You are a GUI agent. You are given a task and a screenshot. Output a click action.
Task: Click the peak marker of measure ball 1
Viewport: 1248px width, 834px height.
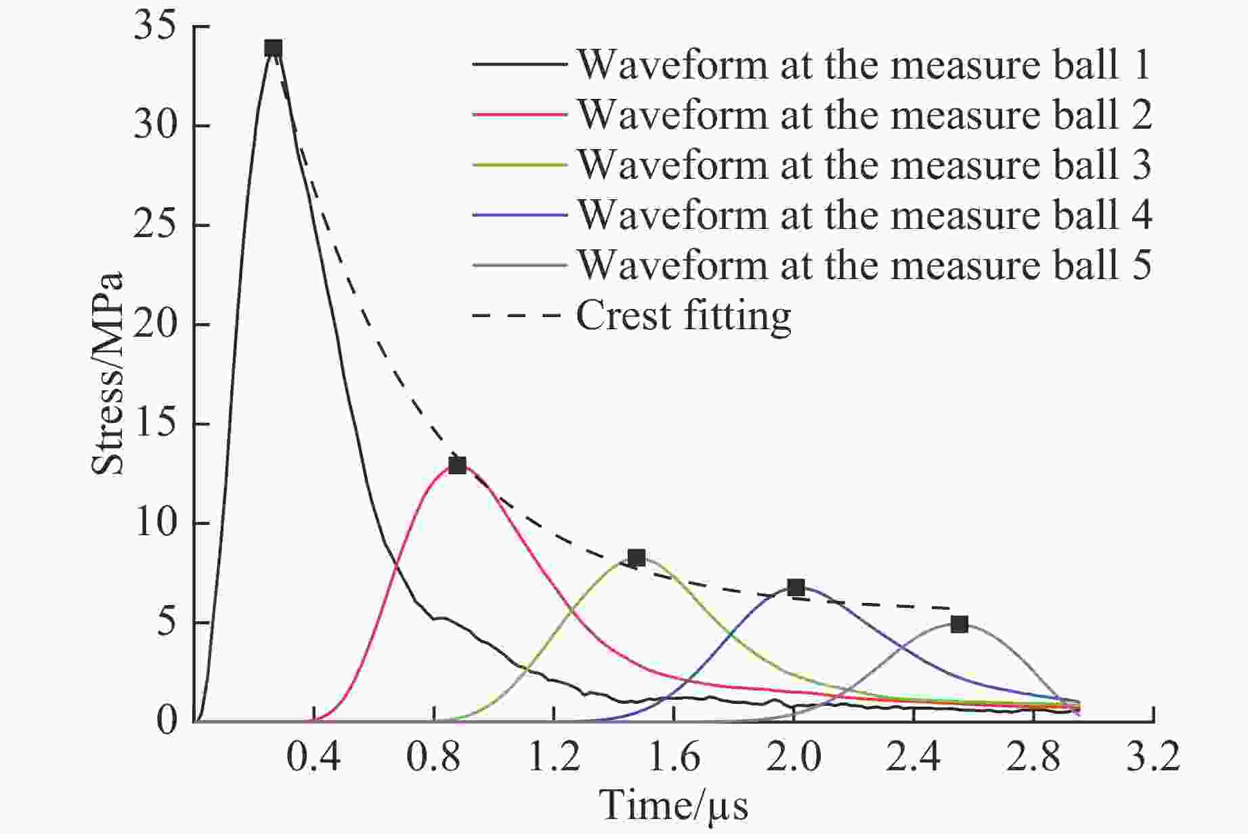[273, 48]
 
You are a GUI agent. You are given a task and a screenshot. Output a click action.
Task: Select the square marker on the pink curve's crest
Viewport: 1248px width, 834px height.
[457, 465]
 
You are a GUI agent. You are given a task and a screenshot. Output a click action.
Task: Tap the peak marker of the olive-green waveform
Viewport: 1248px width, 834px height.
[636, 558]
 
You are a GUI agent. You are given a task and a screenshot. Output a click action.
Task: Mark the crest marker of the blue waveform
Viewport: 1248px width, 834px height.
[796, 587]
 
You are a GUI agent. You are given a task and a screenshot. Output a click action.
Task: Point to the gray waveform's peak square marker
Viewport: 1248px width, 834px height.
[959, 625]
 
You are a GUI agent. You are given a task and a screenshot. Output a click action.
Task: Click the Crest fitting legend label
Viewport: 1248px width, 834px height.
[683, 316]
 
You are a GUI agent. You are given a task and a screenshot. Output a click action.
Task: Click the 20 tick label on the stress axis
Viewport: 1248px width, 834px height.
[154, 325]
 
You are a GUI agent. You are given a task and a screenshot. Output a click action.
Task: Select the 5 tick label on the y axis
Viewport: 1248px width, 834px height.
[167, 623]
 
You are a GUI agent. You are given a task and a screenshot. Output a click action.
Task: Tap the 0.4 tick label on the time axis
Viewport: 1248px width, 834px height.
[313, 757]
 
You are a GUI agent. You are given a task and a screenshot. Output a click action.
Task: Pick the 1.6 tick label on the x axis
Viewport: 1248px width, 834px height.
[673, 757]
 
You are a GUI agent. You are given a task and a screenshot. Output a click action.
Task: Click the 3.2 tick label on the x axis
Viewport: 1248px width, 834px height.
[1153, 757]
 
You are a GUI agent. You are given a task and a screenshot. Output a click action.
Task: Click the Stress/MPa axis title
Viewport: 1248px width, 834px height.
[108, 373]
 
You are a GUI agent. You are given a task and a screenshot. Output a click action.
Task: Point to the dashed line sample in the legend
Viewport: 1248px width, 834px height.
[518, 316]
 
